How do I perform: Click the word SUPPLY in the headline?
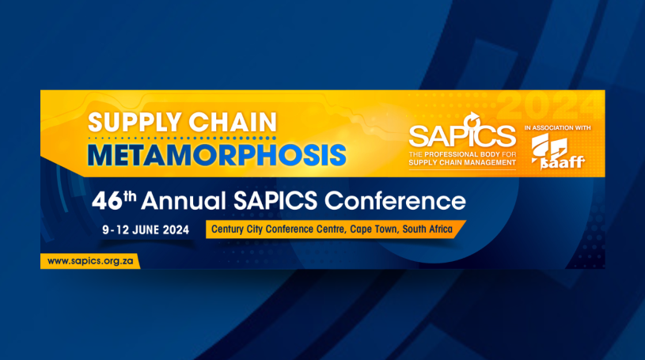click(x=135, y=122)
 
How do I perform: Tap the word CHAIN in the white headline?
click(x=233, y=122)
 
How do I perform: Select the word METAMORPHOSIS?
click(x=217, y=155)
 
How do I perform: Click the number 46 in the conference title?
click(x=107, y=202)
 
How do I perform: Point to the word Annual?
click(x=184, y=201)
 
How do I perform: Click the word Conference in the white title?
click(x=395, y=201)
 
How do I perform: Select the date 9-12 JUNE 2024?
click(x=146, y=230)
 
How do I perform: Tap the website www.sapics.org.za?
click(x=90, y=261)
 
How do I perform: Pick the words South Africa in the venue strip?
click(x=427, y=229)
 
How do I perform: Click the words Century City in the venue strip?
click(x=237, y=229)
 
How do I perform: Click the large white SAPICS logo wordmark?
click(x=462, y=136)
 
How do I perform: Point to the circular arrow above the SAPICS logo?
click(x=472, y=120)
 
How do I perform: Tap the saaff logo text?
click(x=563, y=163)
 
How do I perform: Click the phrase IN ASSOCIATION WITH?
click(x=557, y=128)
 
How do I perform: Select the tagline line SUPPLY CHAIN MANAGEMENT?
click(x=462, y=162)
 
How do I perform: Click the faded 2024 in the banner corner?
click(x=550, y=106)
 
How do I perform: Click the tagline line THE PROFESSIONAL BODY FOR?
click(x=462, y=155)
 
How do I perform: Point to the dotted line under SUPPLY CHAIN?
click(x=182, y=138)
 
